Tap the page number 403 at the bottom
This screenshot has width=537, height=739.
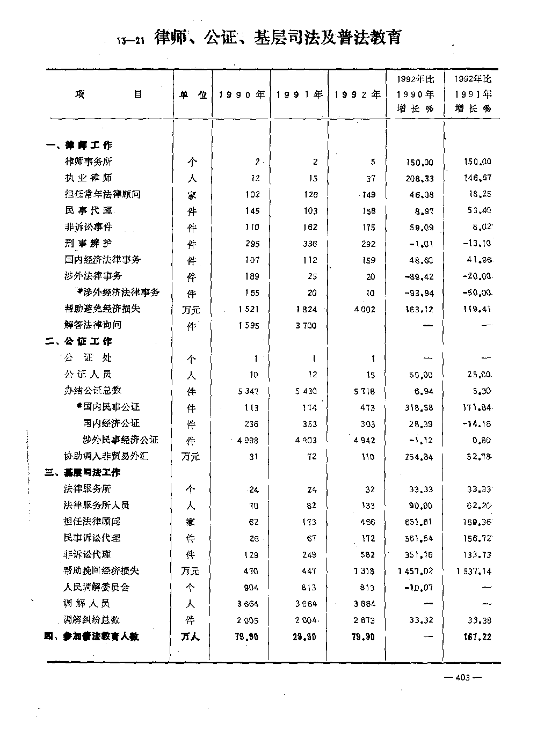[462, 677]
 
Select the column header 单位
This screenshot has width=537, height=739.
[193, 94]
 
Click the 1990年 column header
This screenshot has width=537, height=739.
[241, 94]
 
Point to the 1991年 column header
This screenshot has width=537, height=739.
[299, 94]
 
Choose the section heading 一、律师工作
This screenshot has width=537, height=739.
[79, 145]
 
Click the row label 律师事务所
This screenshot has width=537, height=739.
[89, 162]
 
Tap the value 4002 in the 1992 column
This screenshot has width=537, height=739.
[365, 310]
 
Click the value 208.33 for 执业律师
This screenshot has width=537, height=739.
[420, 179]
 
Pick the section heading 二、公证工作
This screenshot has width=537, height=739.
[79, 341]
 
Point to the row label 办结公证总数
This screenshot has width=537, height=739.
[93, 390]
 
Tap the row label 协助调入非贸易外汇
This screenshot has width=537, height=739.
[106, 456]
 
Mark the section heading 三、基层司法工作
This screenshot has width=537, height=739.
[83, 472]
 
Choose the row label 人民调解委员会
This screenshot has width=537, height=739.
[97, 587]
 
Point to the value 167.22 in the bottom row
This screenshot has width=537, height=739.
[476, 637]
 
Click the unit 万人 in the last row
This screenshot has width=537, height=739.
[190, 636]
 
